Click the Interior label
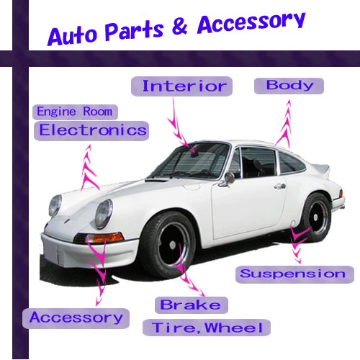pyautogui.click(x=181, y=86)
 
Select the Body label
pyautogui.click(x=289, y=86)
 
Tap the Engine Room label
pyautogui.click(x=75, y=112)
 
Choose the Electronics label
pyautogui.click(x=91, y=130)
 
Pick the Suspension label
pyautogui.click(x=294, y=274)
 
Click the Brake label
pyautogui.click(x=192, y=305)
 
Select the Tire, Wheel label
pyautogui.click(x=207, y=328)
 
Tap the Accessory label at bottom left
pyautogui.click(x=76, y=318)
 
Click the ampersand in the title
pyautogui.click(x=180, y=27)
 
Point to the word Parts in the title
pyautogui.click(x=134, y=31)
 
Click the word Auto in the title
pyautogui.click(x=73, y=36)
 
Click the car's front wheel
pyautogui.click(x=168, y=245)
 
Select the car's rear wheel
pyautogui.click(x=316, y=217)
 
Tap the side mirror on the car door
pyautogui.click(x=228, y=179)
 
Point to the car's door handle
pyautogui.click(x=280, y=186)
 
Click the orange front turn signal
pyautogui.click(x=108, y=238)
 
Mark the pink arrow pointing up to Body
pyautogui.click(x=284, y=124)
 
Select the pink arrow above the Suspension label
pyautogui.click(x=298, y=243)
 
